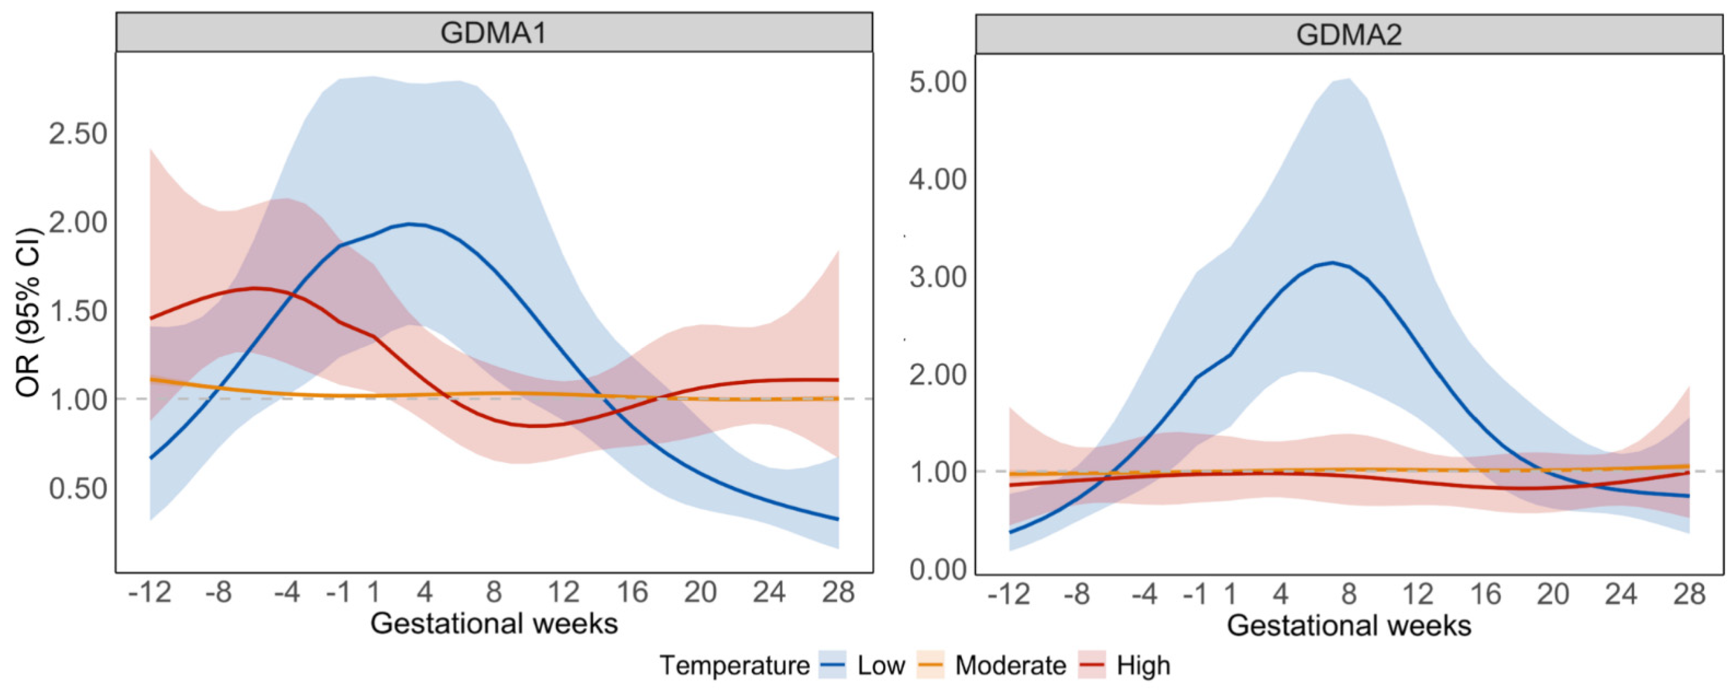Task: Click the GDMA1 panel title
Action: [494, 33]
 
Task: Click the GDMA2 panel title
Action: [1349, 34]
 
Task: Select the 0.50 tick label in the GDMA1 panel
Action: [78, 489]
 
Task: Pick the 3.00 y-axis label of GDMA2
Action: [938, 277]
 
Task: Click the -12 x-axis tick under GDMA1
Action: [150, 592]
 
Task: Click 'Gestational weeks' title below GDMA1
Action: [494, 623]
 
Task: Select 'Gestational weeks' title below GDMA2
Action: [1349, 625]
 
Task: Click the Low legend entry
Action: [863, 666]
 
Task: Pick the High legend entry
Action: [1125, 666]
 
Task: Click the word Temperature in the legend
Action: [735, 666]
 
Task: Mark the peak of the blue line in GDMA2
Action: [1332, 262]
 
